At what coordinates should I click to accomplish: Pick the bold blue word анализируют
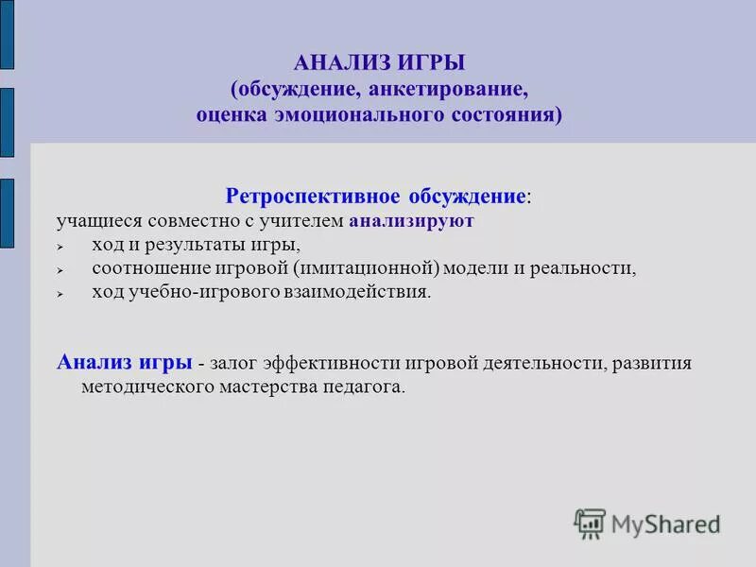coord(411,222)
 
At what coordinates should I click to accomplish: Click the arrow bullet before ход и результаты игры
coord(59,247)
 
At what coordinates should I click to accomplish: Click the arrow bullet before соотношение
coord(59,270)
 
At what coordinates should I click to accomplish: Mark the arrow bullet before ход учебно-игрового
coord(59,294)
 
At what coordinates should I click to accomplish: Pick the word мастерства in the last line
coord(269,387)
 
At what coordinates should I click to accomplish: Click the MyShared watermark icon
coord(590,523)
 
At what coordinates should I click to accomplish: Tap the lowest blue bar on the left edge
coord(7,214)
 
